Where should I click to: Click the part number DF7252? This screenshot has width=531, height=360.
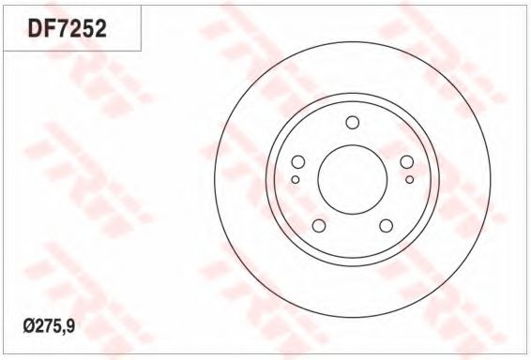point(67,28)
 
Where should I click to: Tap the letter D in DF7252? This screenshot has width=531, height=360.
point(35,28)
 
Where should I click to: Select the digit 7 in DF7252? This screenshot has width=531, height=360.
point(61,28)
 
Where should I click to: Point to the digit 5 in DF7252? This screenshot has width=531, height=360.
point(87,28)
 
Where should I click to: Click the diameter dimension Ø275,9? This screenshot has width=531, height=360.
point(49,326)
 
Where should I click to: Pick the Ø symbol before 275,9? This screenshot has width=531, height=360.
point(28,326)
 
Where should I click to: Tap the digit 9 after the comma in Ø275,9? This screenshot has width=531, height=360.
point(70,326)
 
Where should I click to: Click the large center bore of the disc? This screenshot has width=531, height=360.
point(352,179)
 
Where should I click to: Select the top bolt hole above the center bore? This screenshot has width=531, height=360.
point(353,123)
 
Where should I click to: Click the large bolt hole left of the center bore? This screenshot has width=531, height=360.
point(298,162)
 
